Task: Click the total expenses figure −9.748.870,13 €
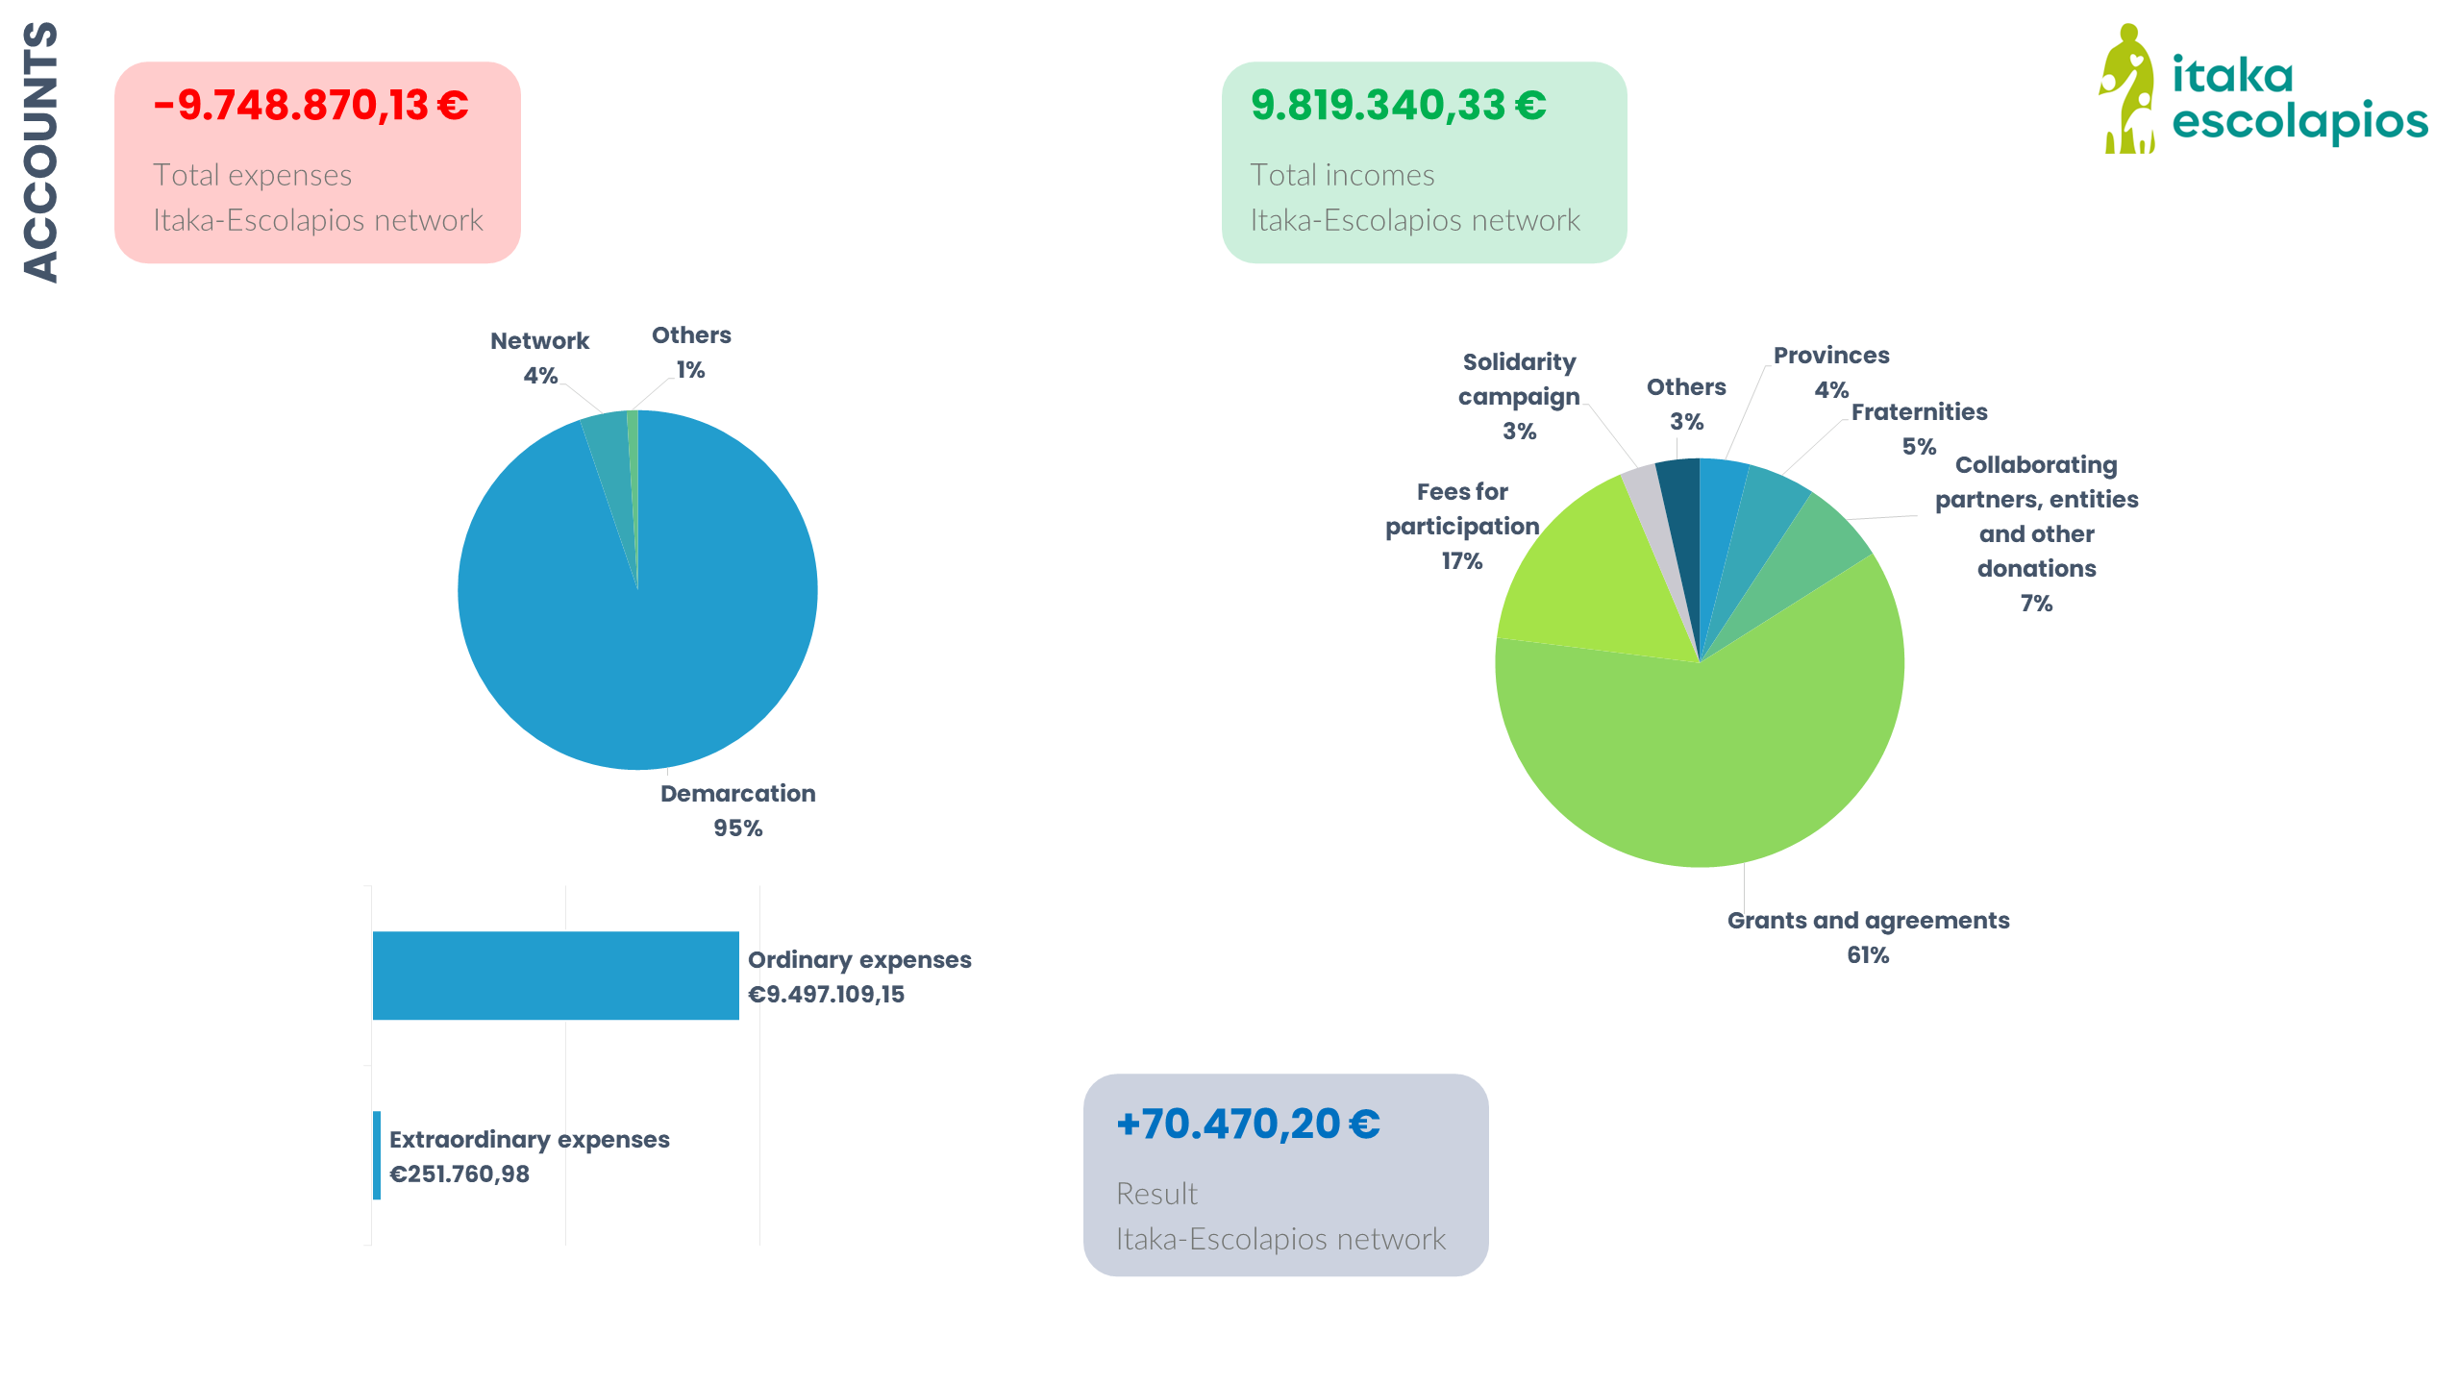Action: (x=311, y=106)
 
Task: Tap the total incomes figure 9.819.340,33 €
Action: (x=1398, y=106)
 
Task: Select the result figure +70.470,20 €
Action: (x=1248, y=1124)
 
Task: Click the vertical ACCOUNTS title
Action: (x=40, y=152)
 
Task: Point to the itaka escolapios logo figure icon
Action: (x=2127, y=89)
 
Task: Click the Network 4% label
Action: (x=539, y=358)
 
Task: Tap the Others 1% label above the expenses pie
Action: (x=691, y=352)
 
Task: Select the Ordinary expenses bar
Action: (x=556, y=976)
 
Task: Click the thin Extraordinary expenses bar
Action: (x=377, y=1155)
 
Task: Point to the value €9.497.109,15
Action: (x=826, y=995)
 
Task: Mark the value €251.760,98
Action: (x=460, y=1174)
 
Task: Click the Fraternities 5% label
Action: (x=1919, y=429)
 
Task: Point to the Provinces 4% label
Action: (x=1831, y=372)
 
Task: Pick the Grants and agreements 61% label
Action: (x=1868, y=937)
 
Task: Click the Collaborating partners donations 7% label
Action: (x=2036, y=533)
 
